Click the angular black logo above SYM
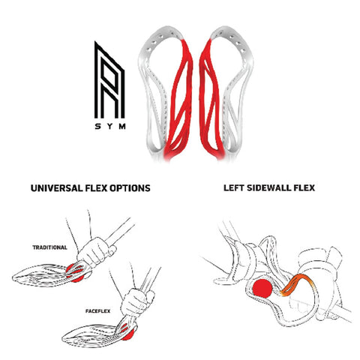pos(109,80)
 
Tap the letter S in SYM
pos(97,127)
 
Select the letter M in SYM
pos(122,127)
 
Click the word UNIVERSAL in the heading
pos(57,188)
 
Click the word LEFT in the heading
pos(234,187)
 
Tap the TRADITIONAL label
pos(49,247)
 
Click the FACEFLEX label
pos(97,311)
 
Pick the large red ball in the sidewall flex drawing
pos(262,288)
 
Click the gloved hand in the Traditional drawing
pos(95,251)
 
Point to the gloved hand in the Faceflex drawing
pos(137,302)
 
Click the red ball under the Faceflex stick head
pos(130,335)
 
